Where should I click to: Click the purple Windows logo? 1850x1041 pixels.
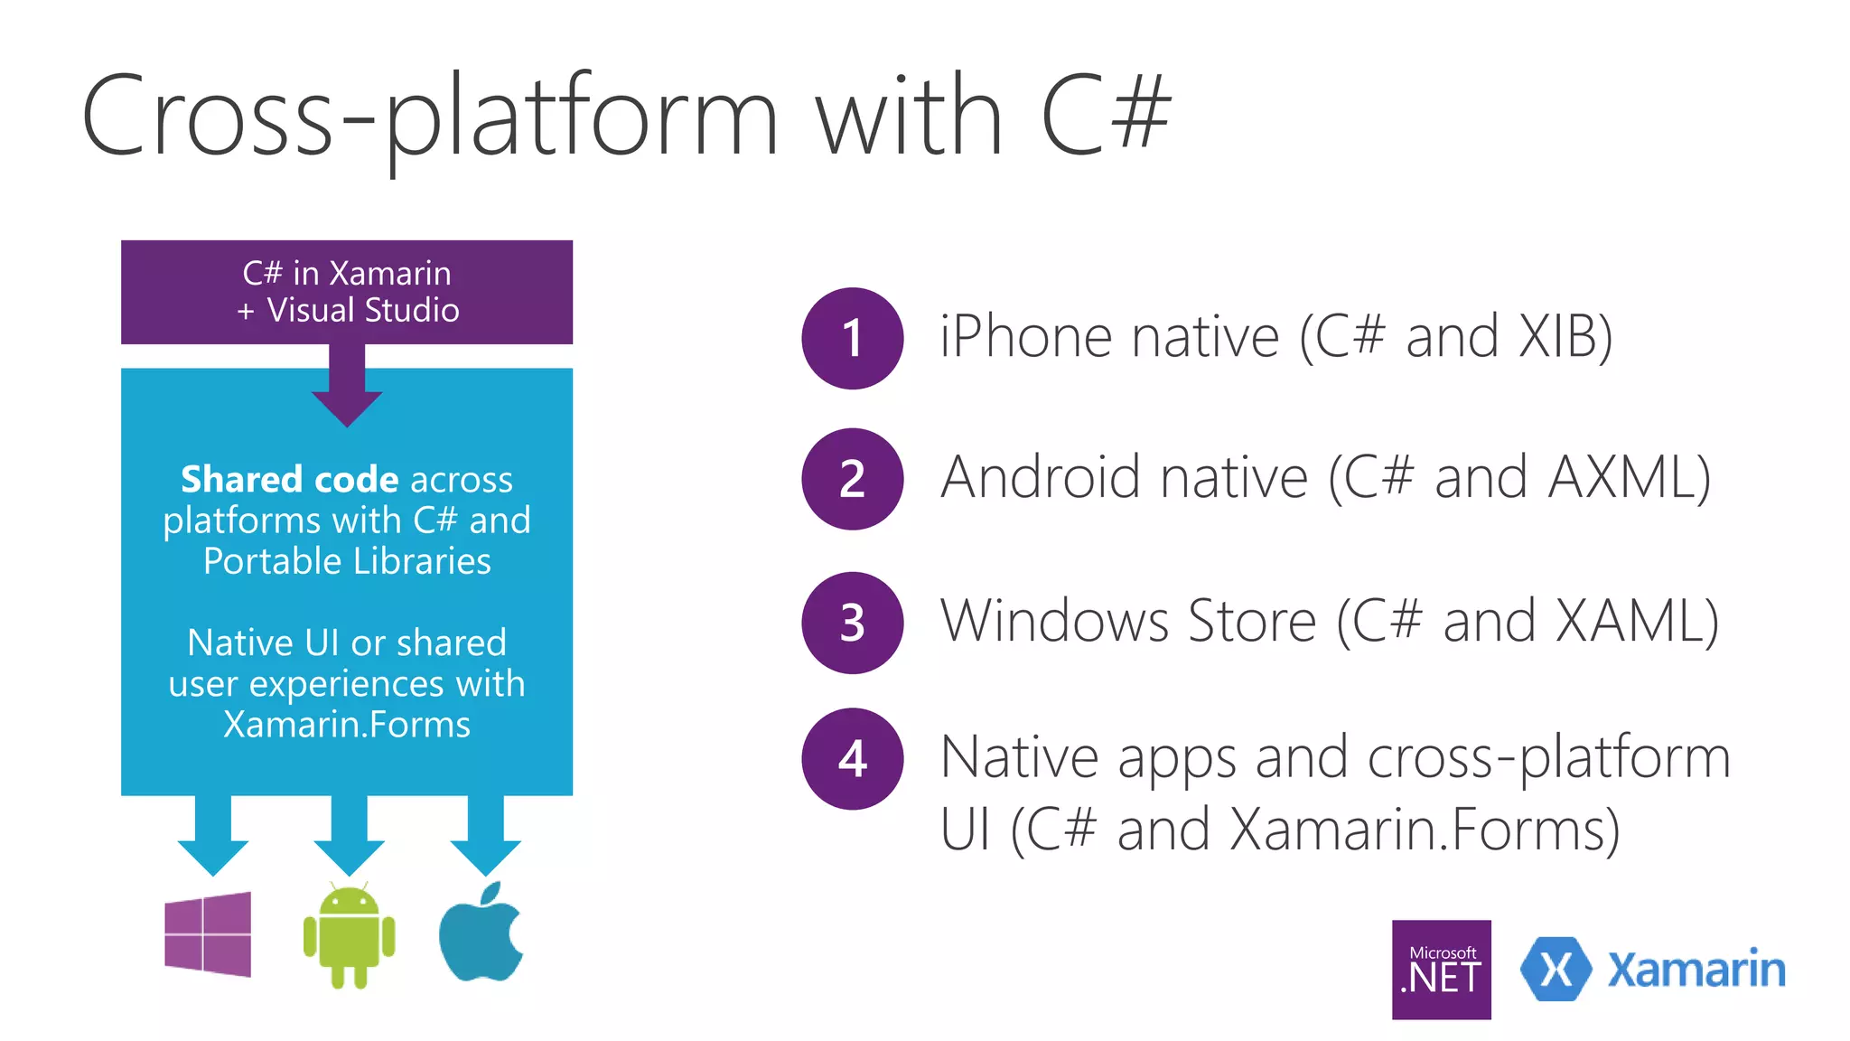point(208,934)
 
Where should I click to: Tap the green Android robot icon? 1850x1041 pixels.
point(349,937)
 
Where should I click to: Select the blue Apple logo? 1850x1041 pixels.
point(481,934)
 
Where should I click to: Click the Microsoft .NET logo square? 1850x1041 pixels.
point(1441,970)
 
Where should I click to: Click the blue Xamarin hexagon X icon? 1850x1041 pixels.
point(1556,970)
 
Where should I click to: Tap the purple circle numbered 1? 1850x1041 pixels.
point(852,338)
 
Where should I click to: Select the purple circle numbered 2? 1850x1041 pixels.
point(852,479)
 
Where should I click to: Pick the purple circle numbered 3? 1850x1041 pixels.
point(852,623)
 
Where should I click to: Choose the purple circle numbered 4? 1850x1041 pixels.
point(852,758)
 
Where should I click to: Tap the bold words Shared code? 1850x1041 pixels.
point(289,479)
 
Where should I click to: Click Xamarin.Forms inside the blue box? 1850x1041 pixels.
point(347,725)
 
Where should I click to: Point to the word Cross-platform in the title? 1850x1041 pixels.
point(429,117)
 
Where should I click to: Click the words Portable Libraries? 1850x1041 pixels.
point(347,561)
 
